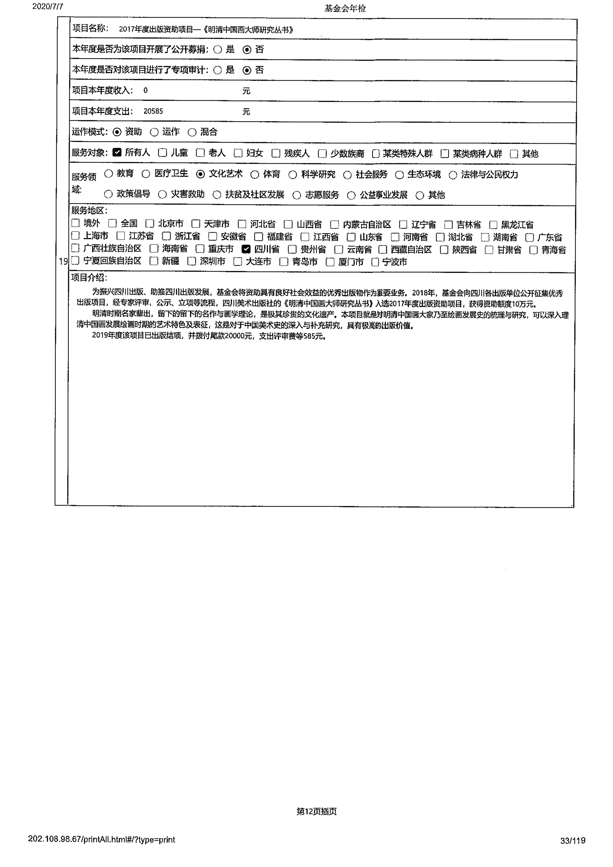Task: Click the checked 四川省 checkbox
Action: pyautogui.click(x=246, y=249)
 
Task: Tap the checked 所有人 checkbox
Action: pyautogui.click(x=117, y=152)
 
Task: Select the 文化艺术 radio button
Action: pyautogui.click(x=200, y=174)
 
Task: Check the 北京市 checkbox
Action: pyautogui.click(x=150, y=224)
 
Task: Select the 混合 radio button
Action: pyautogui.click(x=192, y=132)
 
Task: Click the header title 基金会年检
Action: pyautogui.click(x=345, y=8)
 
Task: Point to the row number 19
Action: pyautogui.click(x=63, y=261)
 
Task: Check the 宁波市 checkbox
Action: pyautogui.click(x=375, y=262)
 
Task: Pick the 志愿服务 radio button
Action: pyautogui.click(x=297, y=195)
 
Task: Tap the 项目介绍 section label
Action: pyautogui.click(x=89, y=278)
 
